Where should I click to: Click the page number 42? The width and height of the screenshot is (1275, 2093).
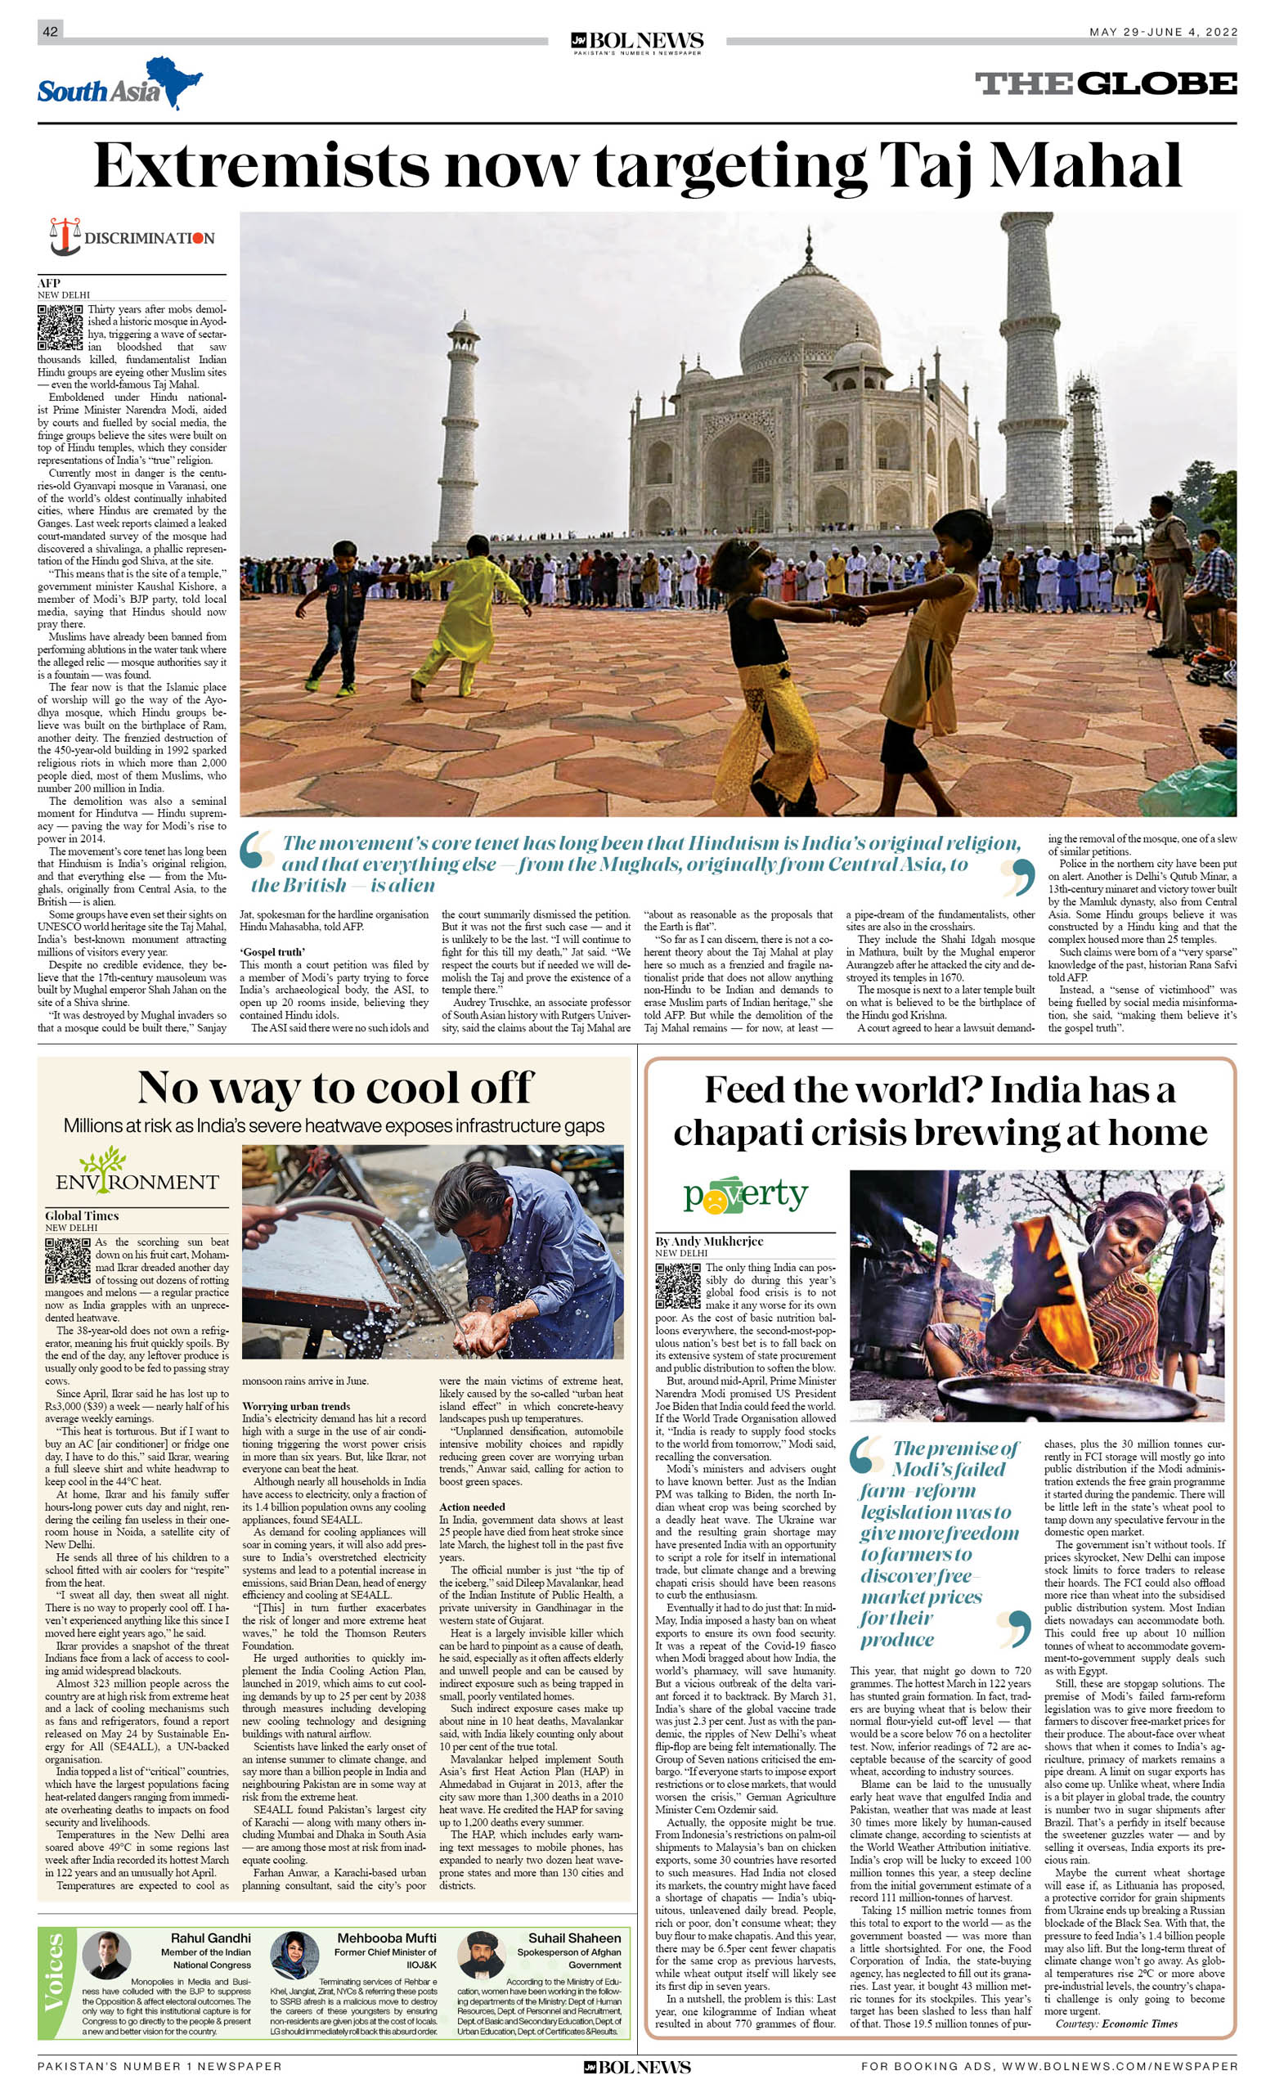click(50, 31)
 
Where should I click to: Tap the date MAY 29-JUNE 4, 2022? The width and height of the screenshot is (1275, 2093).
click(1163, 32)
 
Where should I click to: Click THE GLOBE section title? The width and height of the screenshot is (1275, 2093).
click(1105, 83)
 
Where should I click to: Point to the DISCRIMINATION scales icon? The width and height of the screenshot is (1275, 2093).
click(65, 236)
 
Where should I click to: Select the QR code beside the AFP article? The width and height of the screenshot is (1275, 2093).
click(60, 327)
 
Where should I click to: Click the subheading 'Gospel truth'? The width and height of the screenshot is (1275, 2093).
click(272, 952)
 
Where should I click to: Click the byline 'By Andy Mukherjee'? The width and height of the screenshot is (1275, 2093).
click(708, 1241)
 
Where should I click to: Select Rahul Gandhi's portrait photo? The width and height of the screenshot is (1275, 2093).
click(106, 1956)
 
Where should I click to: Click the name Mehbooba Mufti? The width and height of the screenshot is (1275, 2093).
click(387, 1938)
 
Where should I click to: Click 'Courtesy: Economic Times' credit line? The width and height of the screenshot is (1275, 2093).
click(1116, 2023)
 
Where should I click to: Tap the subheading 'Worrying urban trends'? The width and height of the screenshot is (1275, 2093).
click(295, 1406)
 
